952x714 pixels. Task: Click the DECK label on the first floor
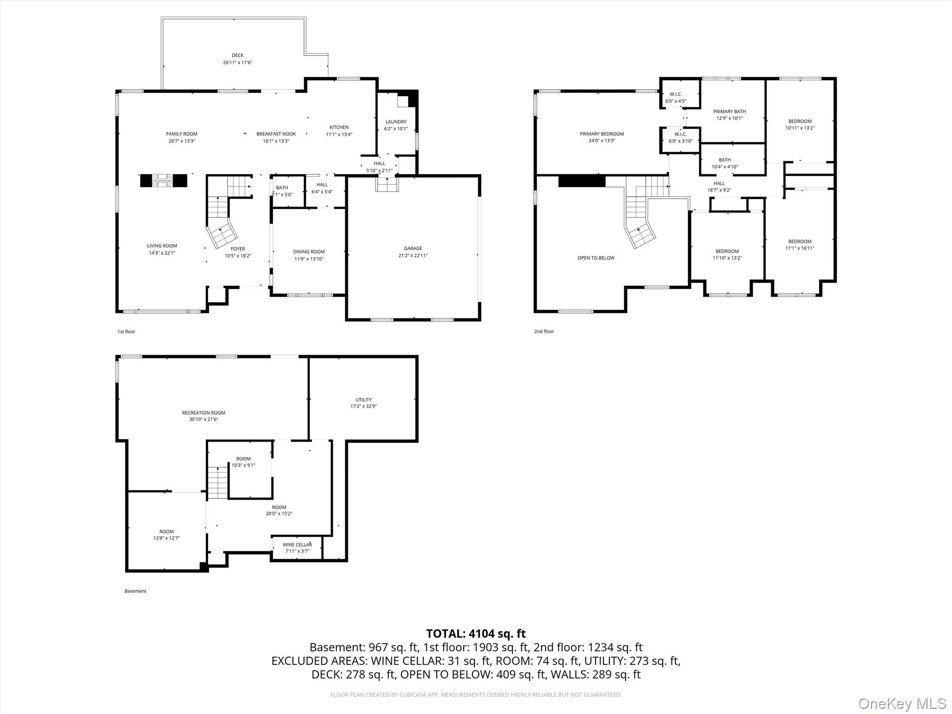[x=238, y=55]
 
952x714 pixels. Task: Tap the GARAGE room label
[x=413, y=248]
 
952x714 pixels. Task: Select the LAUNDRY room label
[x=396, y=122]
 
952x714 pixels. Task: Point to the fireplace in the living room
[x=164, y=181]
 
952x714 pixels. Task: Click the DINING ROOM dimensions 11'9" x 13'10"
[x=309, y=259]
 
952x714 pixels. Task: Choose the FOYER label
[x=238, y=249]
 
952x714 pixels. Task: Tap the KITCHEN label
[x=339, y=127]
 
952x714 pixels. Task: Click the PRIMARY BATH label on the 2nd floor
[x=729, y=112]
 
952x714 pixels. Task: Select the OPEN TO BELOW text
[x=596, y=258]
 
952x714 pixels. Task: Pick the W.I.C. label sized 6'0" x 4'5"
[x=675, y=94]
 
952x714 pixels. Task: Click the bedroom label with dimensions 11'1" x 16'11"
[x=800, y=241]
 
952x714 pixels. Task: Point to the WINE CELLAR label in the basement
[x=297, y=545]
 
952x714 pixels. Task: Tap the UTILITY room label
[x=364, y=400]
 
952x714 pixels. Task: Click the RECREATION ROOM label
[x=204, y=413]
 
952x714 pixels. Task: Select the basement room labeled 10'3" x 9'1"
[x=243, y=459]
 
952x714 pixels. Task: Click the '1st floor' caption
[x=126, y=331]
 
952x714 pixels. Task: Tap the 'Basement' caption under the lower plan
[x=135, y=591]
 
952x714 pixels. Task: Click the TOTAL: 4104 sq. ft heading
[x=476, y=634]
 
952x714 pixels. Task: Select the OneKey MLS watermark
[x=902, y=704]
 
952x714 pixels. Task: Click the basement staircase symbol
[x=218, y=483]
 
